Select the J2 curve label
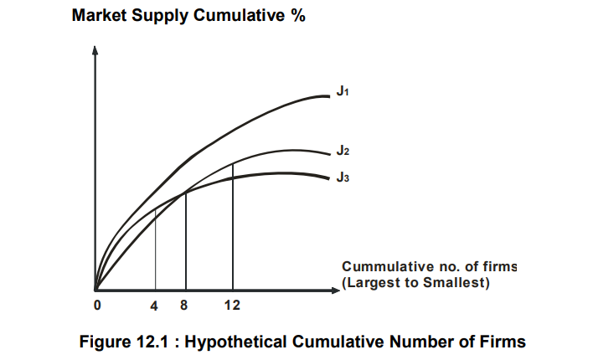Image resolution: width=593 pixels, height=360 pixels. click(x=342, y=152)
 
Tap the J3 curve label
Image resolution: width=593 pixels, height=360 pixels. click(x=342, y=177)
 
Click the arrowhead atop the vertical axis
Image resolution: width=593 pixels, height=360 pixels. click(x=95, y=49)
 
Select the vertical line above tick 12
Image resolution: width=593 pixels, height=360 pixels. click(x=232, y=226)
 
